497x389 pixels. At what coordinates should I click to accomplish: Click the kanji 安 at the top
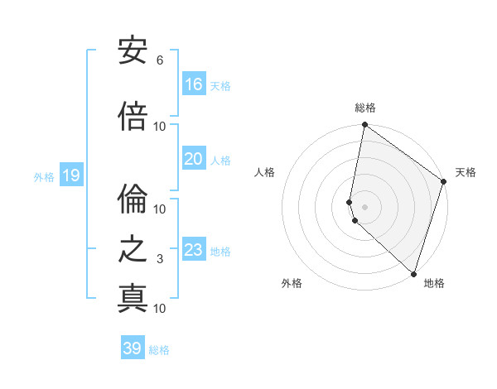(x=133, y=52)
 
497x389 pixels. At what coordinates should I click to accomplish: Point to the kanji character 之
(x=133, y=249)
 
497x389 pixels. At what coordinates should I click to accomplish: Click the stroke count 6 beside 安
(x=159, y=60)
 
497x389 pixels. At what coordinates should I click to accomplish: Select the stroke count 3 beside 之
(x=159, y=259)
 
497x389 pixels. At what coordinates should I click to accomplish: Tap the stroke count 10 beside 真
(x=159, y=308)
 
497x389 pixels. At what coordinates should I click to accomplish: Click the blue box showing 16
(x=194, y=84)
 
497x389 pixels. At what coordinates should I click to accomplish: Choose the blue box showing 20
(x=194, y=159)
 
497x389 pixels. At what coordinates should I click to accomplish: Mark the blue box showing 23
(x=194, y=250)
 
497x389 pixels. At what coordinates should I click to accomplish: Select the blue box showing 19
(x=70, y=175)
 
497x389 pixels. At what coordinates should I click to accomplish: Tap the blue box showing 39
(x=133, y=348)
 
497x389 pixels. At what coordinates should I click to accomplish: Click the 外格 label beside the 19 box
(x=43, y=176)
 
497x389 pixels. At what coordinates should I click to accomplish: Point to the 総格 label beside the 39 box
(x=159, y=350)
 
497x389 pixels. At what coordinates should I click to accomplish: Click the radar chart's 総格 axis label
(x=365, y=108)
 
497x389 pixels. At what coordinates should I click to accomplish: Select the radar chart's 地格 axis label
(x=434, y=283)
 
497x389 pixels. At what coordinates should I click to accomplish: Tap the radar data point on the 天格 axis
(x=444, y=182)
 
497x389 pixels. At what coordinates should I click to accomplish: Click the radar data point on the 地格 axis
(x=413, y=274)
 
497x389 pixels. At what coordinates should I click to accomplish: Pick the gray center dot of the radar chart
(x=365, y=206)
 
